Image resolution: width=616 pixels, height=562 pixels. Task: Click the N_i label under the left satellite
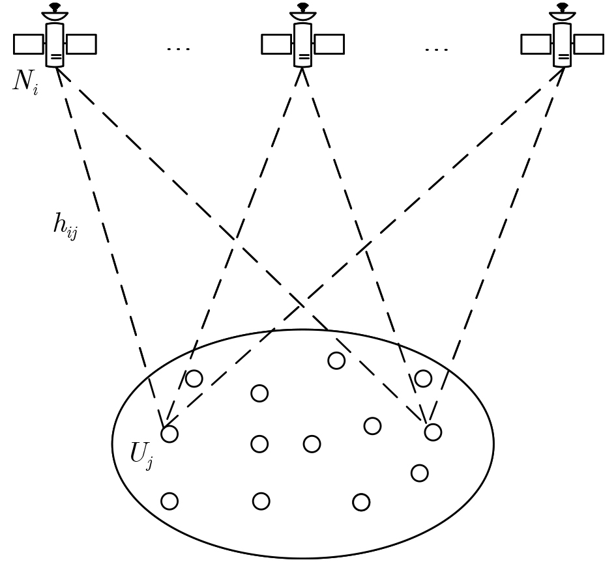click(x=25, y=83)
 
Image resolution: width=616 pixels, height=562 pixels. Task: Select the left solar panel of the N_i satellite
click(x=28, y=44)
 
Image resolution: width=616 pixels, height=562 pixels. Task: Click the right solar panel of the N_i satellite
click(x=81, y=44)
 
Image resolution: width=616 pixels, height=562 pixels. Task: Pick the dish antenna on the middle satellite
click(x=302, y=12)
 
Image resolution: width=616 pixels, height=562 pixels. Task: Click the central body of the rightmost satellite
click(x=562, y=45)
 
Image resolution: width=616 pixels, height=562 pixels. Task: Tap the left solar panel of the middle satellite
click(x=276, y=44)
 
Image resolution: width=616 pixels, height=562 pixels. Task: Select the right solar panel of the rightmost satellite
click(x=589, y=44)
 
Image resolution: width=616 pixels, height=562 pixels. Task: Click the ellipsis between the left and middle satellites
click(x=178, y=49)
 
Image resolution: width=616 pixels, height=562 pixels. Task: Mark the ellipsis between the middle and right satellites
click(x=436, y=49)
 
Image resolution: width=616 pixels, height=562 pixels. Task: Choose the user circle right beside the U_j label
click(x=169, y=434)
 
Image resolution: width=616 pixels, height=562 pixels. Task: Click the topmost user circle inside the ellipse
click(x=336, y=360)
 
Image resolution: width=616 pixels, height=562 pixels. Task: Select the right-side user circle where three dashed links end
click(x=433, y=432)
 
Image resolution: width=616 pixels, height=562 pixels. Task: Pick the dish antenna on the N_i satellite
click(x=55, y=12)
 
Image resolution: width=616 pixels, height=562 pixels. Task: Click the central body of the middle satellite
click(x=302, y=45)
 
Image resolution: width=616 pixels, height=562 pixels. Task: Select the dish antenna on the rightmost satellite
click(x=562, y=12)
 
